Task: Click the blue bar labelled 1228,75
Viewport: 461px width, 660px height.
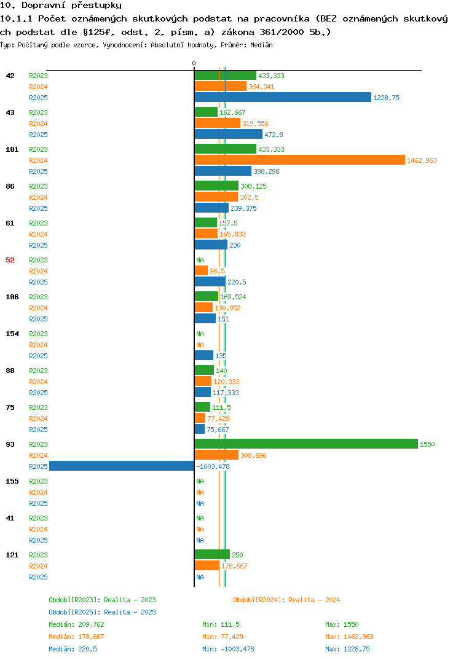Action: (x=283, y=97)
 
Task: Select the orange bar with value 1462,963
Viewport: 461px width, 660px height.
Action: (x=300, y=160)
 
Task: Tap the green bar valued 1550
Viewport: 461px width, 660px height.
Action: (x=307, y=444)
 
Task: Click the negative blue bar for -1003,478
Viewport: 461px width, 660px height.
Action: (x=122, y=466)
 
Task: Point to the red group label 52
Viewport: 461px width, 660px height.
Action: (x=10, y=260)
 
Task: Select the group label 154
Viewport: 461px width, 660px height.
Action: (x=12, y=334)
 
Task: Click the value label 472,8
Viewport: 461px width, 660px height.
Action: (x=274, y=135)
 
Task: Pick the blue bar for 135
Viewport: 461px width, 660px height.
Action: (x=204, y=355)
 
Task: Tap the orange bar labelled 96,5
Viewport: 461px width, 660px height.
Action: (x=201, y=270)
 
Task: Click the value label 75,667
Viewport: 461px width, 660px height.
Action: (x=218, y=430)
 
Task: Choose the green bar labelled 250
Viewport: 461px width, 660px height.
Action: (x=212, y=554)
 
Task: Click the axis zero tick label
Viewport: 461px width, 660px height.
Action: (x=194, y=63)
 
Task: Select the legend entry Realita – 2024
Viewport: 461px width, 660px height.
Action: (x=286, y=600)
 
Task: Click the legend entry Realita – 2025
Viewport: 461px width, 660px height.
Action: (x=102, y=612)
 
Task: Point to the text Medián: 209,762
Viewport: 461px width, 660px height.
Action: (x=76, y=624)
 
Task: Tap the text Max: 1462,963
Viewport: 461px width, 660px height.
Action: (x=349, y=637)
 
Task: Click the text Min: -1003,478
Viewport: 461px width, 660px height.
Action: (x=228, y=649)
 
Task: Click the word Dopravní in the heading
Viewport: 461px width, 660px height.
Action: (x=44, y=6)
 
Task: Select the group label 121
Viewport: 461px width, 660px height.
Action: (x=12, y=555)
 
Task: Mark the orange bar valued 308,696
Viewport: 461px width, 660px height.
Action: (x=216, y=455)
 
